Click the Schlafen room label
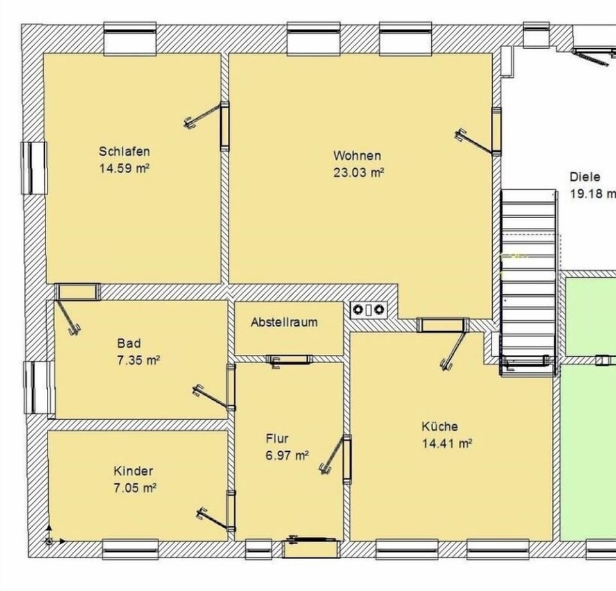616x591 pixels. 124,151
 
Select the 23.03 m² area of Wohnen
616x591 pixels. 358,172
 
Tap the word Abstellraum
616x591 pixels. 284,322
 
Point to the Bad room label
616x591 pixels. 128,343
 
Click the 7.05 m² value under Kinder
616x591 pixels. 134,488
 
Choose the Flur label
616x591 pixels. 277,439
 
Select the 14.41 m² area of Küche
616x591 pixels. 447,443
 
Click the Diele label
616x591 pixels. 585,177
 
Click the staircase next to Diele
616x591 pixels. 527,276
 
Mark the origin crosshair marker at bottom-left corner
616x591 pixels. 49,541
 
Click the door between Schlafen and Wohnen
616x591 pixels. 225,126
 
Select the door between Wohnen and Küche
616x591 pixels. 442,325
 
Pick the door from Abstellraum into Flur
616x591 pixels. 289,359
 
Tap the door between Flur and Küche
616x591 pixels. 346,458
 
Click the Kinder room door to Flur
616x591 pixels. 230,510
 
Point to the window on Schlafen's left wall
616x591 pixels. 35,167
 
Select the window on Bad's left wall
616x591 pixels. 38,386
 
